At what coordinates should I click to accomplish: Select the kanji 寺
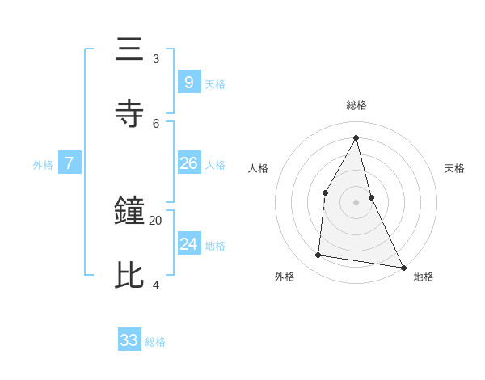[x=130, y=114]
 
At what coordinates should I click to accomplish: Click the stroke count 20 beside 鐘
[x=155, y=220]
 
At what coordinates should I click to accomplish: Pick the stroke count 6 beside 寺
[x=156, y=123]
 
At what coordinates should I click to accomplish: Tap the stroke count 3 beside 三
[x=156, y=58]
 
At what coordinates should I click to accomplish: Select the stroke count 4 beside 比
[x=156, y=285]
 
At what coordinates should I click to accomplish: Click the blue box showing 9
[x=188, y=82]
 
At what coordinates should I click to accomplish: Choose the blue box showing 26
[x=188, y=163]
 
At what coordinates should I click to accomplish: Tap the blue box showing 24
[x=188, y=244]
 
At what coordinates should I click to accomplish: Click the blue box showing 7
[x=70, y=163]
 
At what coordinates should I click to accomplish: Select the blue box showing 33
[x=129, y=340]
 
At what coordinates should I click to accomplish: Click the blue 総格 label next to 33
[x=155, y=342]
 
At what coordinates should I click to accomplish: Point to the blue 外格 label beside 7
[x=43, y=165]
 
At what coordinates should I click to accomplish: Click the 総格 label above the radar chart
[x=356, y=105]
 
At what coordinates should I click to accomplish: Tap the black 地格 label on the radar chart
[x=424, y=277]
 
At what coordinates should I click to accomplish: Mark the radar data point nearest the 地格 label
[x=403, y=267]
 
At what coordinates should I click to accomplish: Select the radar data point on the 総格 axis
[x=356, y=137]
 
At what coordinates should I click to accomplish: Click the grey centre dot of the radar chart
[x=356, y=201]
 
